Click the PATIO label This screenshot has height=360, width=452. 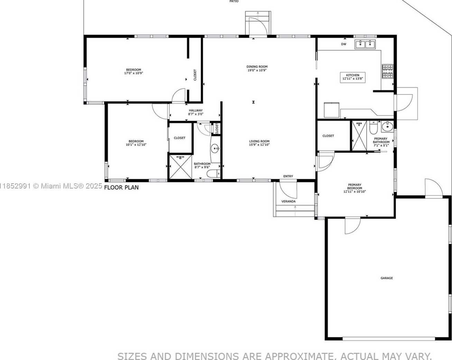tap(234, 1)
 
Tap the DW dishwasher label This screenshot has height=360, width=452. tap(344, 44)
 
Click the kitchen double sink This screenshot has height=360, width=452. tap(366, 44)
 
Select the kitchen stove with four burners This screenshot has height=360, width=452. tap(388, 71)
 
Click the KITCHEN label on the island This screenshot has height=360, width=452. tap(353, 75)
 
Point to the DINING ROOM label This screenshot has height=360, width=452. tap(257, 67)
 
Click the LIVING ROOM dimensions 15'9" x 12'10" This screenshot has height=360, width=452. tap(259, 145)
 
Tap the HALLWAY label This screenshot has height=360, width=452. tap(195, 110)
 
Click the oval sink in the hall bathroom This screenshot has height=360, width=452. tap(215, 149)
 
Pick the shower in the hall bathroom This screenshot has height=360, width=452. tap(181, 167)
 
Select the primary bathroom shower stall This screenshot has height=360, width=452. tap(359, 136)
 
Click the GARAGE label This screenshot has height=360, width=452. tap(387, 278)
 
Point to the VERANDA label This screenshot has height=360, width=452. tap(288, 201)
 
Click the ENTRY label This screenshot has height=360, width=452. tap(288, 176)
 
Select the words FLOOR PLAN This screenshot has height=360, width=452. tap(121, 187)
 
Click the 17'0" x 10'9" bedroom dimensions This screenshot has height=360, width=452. tap(133, 73)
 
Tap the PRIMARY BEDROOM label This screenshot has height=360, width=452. tap(354, 186)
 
